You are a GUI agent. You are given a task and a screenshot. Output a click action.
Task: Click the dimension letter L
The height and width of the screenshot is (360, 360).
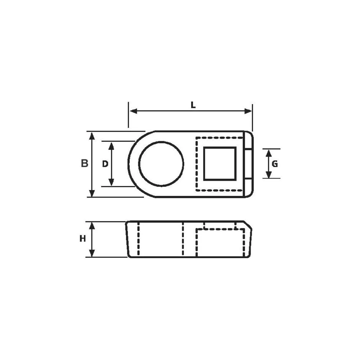[x=193, y=105]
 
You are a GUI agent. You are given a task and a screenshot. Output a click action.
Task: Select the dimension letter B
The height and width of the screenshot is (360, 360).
[x=84, y=164]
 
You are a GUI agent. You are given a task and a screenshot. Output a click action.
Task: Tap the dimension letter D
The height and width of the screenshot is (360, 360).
[x=105, y=164]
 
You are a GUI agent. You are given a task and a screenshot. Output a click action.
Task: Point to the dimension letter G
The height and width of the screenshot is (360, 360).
[x=275, y=164]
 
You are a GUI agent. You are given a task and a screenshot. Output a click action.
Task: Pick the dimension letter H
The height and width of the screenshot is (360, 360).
[x=83, y=239]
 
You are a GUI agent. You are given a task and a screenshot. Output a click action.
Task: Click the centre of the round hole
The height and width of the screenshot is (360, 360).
[x=161, y=164]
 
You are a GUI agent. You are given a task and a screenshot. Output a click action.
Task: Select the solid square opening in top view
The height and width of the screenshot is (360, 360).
[x=220, y=163]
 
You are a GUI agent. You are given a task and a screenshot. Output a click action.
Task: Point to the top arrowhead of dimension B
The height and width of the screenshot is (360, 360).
[x=92, y=135]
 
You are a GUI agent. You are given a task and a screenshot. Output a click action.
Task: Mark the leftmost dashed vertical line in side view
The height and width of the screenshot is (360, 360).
[x=139, y=239]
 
